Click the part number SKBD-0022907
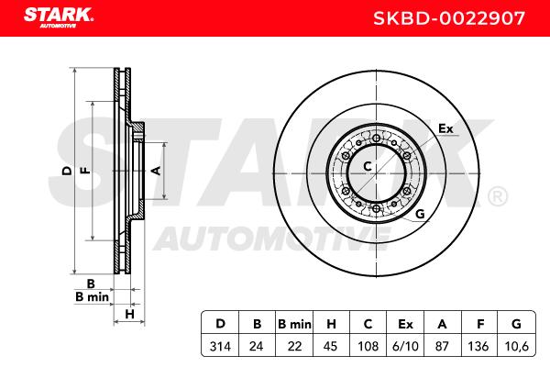click(448, 18)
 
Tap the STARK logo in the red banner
click(59, 17)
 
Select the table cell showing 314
click(220, 346)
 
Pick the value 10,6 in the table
click(516, 346)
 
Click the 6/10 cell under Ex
click(405, 346)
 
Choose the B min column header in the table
click(294, 324)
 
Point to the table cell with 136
click(478, 346)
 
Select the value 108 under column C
click(368, 346)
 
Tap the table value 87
click(442, 346)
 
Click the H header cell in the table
click(331, 324)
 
